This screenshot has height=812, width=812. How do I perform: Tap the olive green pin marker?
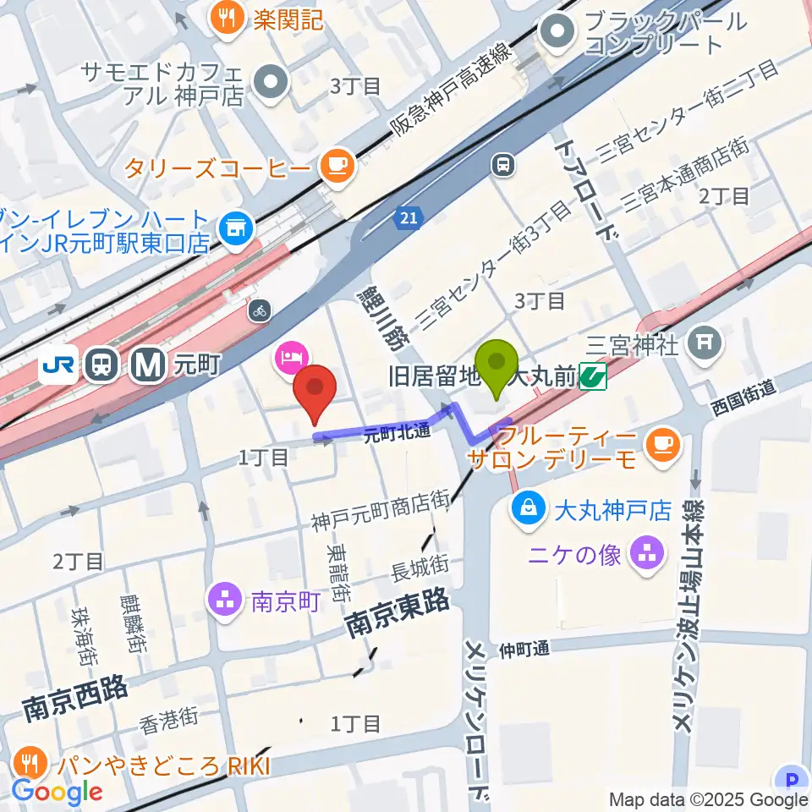coord(498,365)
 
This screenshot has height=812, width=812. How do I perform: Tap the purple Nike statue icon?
coord(649,555)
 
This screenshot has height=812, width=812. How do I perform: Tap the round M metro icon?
coord(146,365)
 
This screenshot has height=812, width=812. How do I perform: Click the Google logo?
coord(57,792)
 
